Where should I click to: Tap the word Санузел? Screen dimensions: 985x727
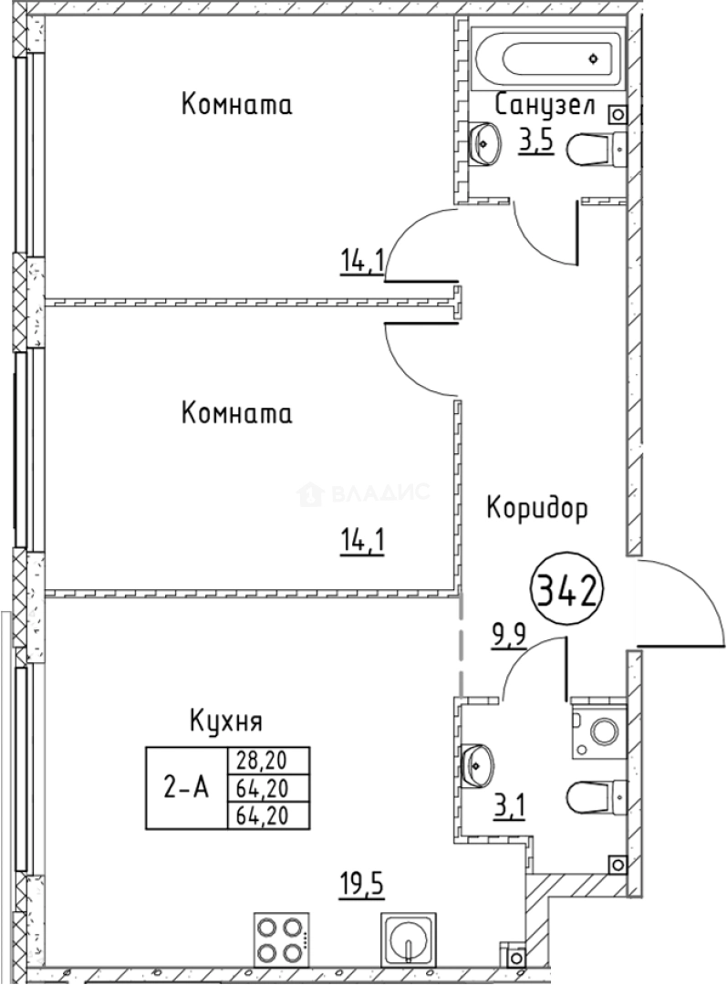coord(545,106)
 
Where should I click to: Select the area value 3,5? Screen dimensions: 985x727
coord(536,142)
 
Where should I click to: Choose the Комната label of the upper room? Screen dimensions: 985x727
coord(237,104)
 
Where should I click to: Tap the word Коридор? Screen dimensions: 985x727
coord(536,507)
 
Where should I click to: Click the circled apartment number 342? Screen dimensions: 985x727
coord(566,593)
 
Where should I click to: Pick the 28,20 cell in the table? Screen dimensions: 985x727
coord(267,761)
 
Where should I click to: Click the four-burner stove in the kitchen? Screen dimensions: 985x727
coord(279,938)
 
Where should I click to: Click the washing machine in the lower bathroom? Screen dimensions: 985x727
coord(599,731)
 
